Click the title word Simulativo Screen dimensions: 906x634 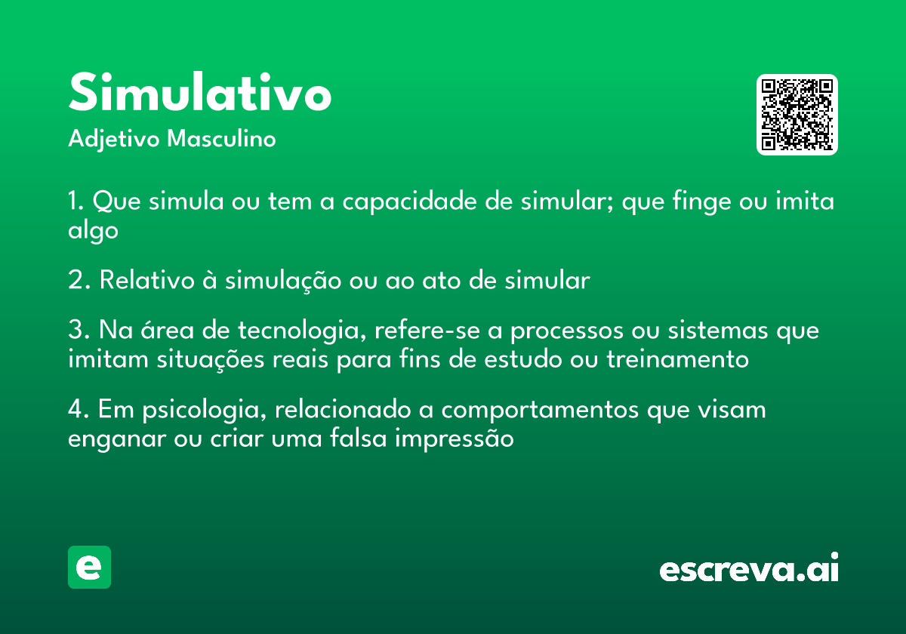click(x=200, y=92)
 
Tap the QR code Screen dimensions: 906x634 click(x=797, y=115)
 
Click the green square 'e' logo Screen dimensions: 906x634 click(x=89, y=567)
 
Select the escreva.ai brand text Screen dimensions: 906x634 click(x=749, y=568)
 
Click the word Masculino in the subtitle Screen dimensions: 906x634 click(x=221, y=138)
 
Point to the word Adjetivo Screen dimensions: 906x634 click(x=114, y=140)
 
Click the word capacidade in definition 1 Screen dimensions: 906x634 click(x=410, y=202)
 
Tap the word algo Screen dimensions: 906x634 click(x=93, y=230)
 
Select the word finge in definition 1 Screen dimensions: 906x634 click(x=701, y=202)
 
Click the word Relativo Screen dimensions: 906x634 click(x=147, y=280)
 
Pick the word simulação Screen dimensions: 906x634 click(x=283, y=281)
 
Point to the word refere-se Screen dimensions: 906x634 click(x=427, y=330)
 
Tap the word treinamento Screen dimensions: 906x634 click(x=678, y=359)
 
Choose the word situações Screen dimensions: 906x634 click(x=211, y=360)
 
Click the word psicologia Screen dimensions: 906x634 click(x=205, y=410)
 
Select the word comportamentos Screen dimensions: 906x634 click(x=540, y=411)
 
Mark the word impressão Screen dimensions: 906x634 click(x=455, y=439)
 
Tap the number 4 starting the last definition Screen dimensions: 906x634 click(x=76, y=409)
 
